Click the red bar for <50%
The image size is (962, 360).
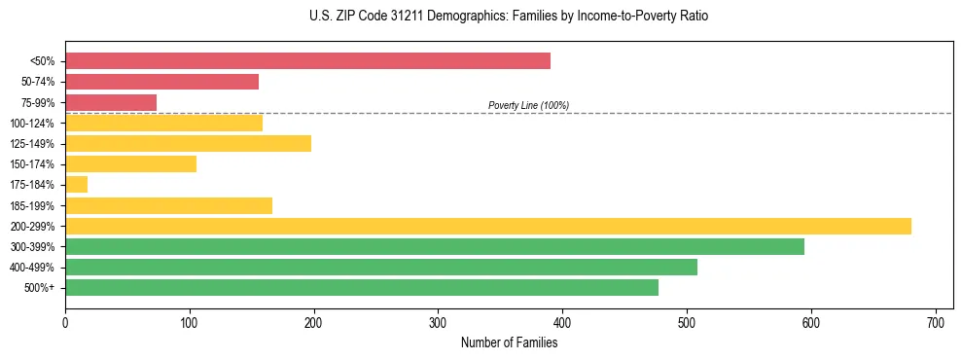(307, 60)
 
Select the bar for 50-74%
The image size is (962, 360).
(161, 82)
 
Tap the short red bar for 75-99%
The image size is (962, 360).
(111, 102)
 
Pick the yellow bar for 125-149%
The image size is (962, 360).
(188, 144)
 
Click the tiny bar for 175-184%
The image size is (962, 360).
(76, 185)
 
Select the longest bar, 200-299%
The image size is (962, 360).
(488, 227)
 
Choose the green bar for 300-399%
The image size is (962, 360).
(435, 247)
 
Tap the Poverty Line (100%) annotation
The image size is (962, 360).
(528, 105)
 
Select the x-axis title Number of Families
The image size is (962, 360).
(509, 342)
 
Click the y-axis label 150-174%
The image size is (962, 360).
(32, 164)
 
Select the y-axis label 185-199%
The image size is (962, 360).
(32, 206)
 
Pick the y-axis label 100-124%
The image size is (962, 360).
(32, 124)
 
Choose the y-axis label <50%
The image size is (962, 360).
(42, 61)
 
